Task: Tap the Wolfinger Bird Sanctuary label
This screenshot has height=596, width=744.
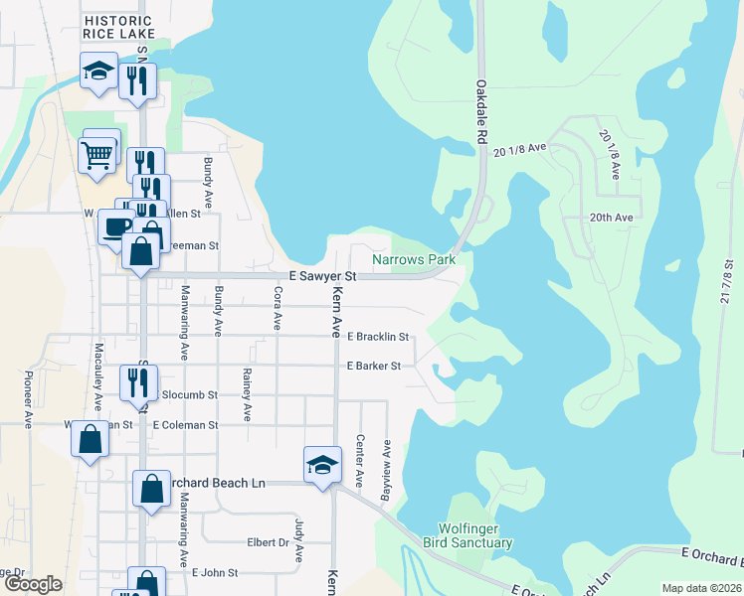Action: (x=475, y=535)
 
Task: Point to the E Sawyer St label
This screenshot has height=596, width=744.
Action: (x=322, y=275)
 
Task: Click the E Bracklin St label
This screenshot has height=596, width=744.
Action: (x=377, y=337)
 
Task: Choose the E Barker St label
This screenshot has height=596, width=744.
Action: (x=373, y=366)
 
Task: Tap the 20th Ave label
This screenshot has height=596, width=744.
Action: (x=611, y=218)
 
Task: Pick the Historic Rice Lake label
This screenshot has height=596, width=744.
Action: (x=118, y=27)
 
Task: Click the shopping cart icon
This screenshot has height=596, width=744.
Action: (x=96, y=154)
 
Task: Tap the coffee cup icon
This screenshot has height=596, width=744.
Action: (x=115, y=226)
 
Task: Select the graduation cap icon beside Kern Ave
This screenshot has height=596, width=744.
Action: (x=322, y=464)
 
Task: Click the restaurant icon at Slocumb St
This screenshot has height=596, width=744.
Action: (x=136, y=382)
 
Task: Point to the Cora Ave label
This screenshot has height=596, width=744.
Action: (x=278, y=309)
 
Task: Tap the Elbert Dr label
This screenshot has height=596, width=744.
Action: (x=268, y=543)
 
